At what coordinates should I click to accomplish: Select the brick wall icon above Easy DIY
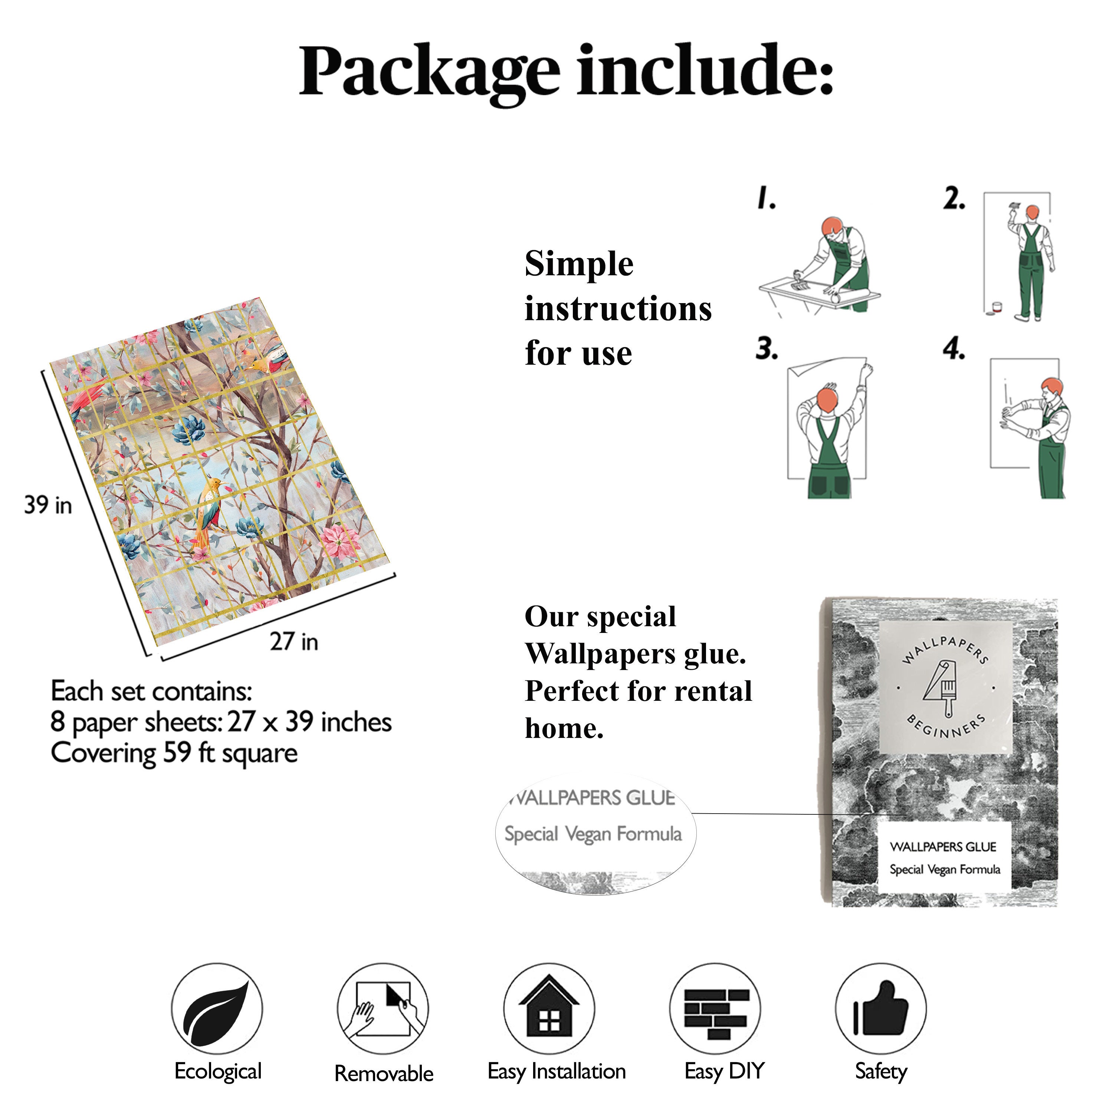click(x=716, y=1012)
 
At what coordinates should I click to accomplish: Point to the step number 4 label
click(x=953, y=349)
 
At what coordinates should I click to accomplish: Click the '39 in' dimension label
click(x=48, y=505)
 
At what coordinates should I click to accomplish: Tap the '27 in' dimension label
click(x=294, y=641)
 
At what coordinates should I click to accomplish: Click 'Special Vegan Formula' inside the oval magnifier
click(x=593, y=834)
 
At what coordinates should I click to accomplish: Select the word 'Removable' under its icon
click(x=384, y=1073)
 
